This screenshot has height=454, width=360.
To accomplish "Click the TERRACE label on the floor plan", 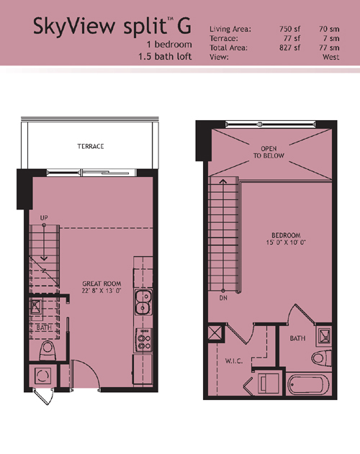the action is pos(91,146).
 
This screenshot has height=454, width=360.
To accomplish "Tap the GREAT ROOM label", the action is pos(102,283).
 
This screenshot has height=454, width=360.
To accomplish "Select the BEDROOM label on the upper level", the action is pos(286,235).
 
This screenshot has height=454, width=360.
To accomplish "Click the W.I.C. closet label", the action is pos(233,361).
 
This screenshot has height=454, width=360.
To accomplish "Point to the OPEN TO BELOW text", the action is pos(269,153).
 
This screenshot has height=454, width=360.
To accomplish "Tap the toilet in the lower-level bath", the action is pos(47,350).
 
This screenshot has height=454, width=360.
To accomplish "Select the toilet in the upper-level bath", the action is pos(322,358).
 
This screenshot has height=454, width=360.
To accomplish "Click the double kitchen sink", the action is pos(143,302).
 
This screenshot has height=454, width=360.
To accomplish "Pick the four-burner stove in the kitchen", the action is pos(143,340).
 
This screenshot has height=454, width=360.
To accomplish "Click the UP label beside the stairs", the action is pos(44,218).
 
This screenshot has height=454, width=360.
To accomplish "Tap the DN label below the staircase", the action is pos(223,298).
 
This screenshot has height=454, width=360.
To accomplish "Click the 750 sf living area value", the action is pos(289,29).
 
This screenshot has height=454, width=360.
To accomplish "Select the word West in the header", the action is pos(330,57).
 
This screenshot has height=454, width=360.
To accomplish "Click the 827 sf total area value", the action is pos(289,47).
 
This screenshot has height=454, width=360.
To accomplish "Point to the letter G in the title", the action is pos(184,26).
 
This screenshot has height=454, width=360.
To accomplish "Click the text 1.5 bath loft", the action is pos(165,56).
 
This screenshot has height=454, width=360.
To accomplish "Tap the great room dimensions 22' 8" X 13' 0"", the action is pos(102,291).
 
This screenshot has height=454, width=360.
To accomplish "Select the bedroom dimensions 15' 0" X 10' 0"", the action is pos(286,242).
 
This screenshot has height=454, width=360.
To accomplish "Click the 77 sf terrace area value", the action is pos(292,38).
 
